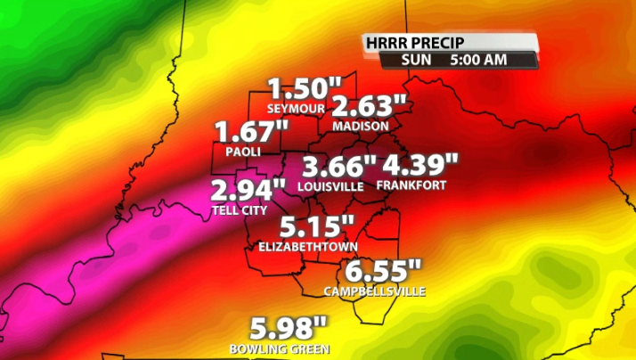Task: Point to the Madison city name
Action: point(361,127)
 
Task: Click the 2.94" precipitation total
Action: point(248,192)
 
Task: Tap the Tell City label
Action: point(239,210)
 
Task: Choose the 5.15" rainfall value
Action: point(317,227)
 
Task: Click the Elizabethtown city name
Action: point(307,246)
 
